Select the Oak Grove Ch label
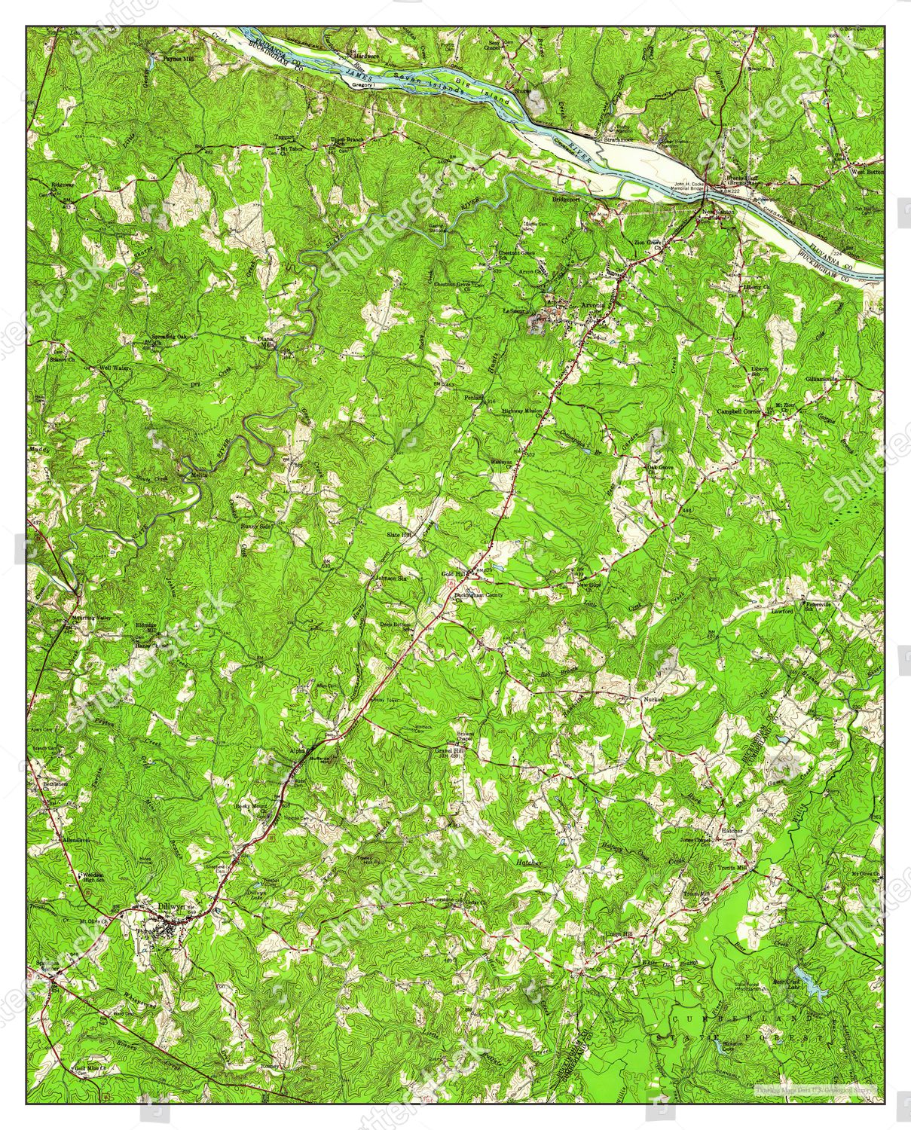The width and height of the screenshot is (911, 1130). [x=659, y=467]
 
